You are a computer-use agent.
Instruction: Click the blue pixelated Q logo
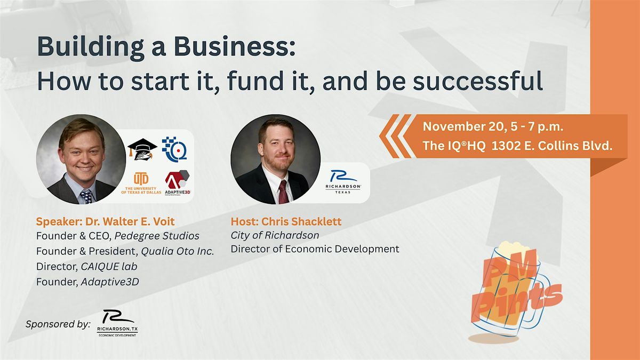tap(174, 149)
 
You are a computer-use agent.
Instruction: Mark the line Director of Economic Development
tap(315, 249)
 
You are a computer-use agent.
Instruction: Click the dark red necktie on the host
tap(283, 191)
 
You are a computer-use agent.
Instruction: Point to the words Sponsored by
tap(58, 323)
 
